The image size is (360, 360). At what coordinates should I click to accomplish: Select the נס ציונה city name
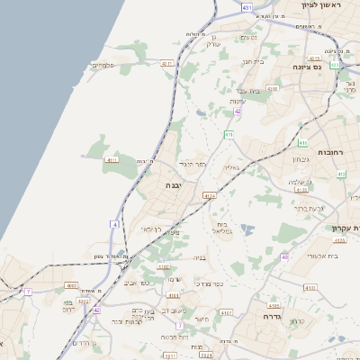pyautogui.click(x=307, y=67)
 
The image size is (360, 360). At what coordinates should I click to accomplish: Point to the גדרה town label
pyautogui.click(x=272, y=317)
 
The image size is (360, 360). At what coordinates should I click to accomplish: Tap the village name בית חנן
pyautogui.click(x=253, y=61)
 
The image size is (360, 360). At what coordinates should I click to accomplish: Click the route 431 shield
pyautogui.click(x=247, y=6)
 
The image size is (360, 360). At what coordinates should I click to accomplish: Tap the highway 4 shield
pyautogui.click(x=115, y=223)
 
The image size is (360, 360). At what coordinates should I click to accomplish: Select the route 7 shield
pyautogui.click(x=29, y=292)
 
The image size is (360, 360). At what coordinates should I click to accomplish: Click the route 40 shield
pyautogui.click(x=284, y=257)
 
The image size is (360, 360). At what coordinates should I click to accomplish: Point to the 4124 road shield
pyautogui.click(x=210, y=195)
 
